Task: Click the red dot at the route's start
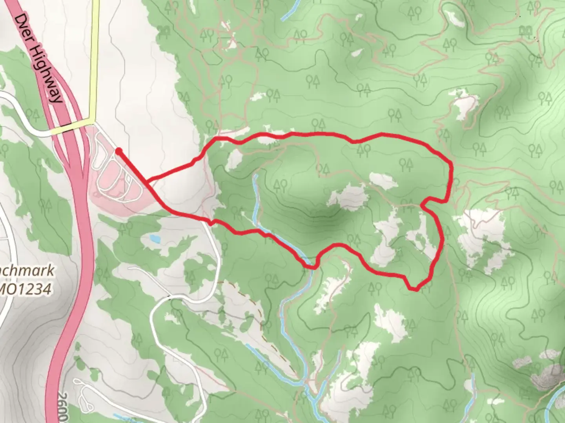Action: (x=118, y=150)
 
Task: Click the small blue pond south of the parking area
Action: (x=155, y=238)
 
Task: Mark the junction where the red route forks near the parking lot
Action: (x=148, y=181)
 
